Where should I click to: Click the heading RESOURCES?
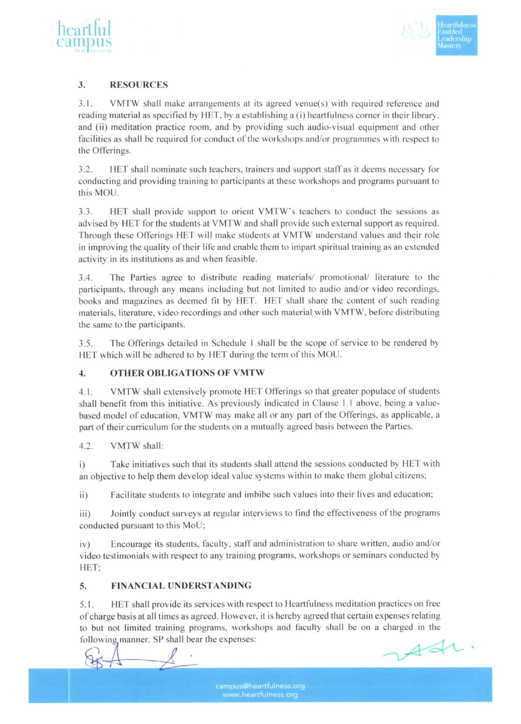tap(139, 85)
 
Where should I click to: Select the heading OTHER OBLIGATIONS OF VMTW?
tap(187, 373)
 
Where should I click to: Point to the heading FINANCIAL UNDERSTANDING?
tap(181, 586)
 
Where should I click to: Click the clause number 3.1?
tap(85, 103)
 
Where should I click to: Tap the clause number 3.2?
tap(85, 169)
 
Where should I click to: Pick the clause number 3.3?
tap(85, 211)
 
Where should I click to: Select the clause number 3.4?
tap(85, 278)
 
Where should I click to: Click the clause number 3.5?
tap(85, 344)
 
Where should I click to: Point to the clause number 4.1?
tap(85, 392)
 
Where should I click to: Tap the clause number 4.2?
tap(86, 446)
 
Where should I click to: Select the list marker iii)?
tap(85, 514)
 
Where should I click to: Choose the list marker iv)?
tap(85, 544)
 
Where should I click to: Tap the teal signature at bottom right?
tap(427, 650)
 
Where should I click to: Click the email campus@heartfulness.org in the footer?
tap(260, 686)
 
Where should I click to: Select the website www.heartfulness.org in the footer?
tap(260, 695)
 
